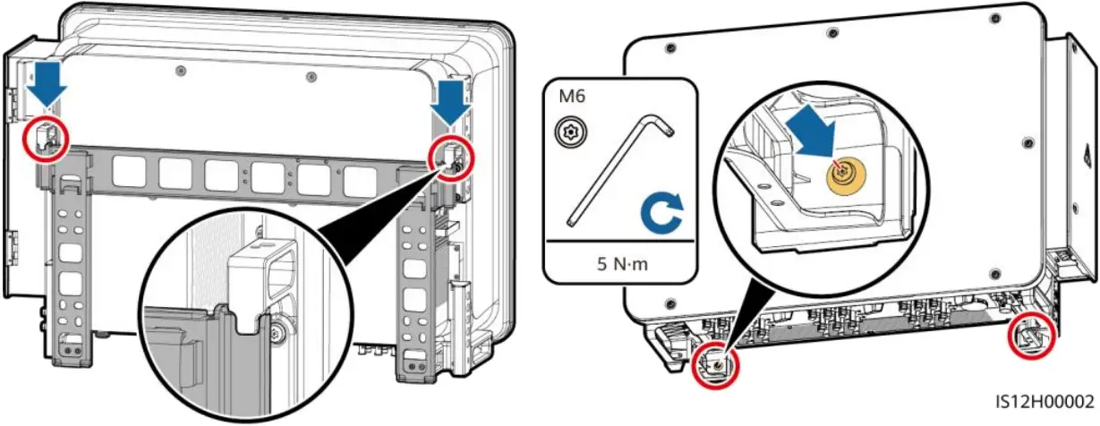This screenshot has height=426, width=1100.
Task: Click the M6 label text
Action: [572, 97]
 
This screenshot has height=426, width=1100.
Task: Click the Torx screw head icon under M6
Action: [567, 132]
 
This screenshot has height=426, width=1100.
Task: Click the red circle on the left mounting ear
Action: [45, 136]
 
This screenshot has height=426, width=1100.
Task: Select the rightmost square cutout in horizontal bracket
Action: [358, 183]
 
